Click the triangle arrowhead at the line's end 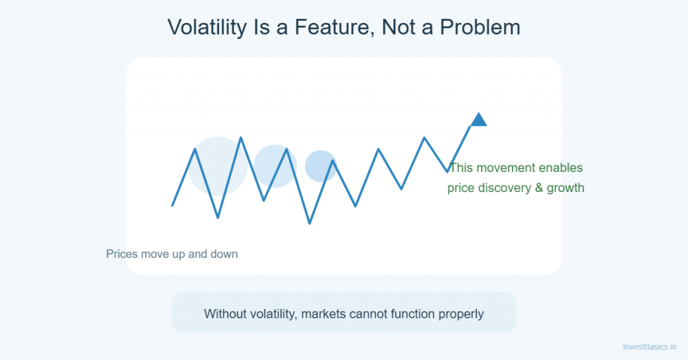click(x=478, y=120)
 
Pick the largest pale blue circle click(x=217, y=166)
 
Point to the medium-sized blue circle click(x=274, y=166)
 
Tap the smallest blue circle click(x=320, y=166)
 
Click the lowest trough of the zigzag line click(x=310, y=223)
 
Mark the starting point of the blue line click(x=173, y=206)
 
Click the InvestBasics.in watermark click(x=650, y=347)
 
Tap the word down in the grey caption click(x=223, y=255)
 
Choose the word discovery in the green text click(x=504, y=188)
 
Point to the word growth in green click(x=566, y=188)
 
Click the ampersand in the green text click(x=539, y=188)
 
